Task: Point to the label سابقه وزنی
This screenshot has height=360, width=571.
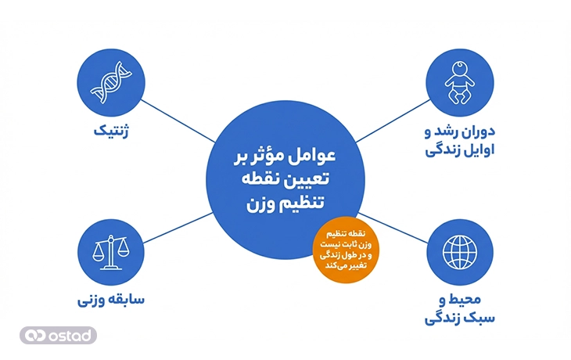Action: pyautogui.click(x=109, y=302)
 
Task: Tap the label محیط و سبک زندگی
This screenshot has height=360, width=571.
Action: pyautogui.click(x=459, y=308)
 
